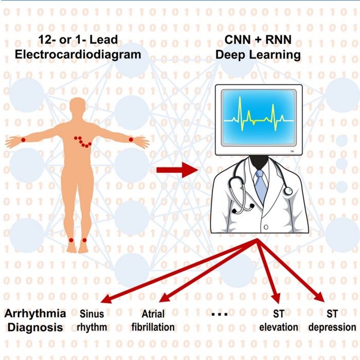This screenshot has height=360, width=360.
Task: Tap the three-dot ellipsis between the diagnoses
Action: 218,313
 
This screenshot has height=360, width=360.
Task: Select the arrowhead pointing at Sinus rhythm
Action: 105,300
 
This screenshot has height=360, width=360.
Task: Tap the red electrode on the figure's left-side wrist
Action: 23,139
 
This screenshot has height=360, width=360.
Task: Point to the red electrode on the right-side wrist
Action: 131,139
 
